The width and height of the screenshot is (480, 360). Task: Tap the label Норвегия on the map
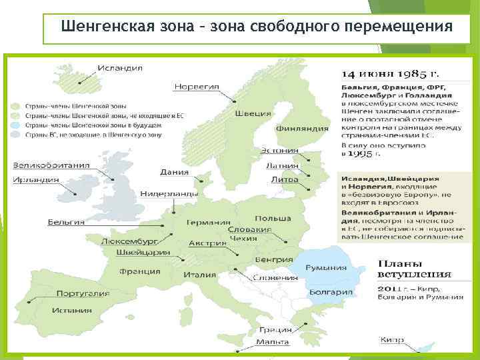click(197, 86)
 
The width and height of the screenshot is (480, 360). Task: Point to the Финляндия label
click(302, 128)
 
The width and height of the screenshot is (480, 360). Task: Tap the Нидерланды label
click(169, 194)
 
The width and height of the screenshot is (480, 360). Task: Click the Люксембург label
click(129, 241)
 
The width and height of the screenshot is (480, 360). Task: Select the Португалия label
click(83, 293)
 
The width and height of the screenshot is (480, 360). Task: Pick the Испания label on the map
click(73, 310)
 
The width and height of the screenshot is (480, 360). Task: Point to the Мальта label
click(273, 343)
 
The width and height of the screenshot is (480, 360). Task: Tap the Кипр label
click(392, 340)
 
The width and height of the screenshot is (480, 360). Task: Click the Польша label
click(273, 219)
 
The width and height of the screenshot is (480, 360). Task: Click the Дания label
click(174, 171)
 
